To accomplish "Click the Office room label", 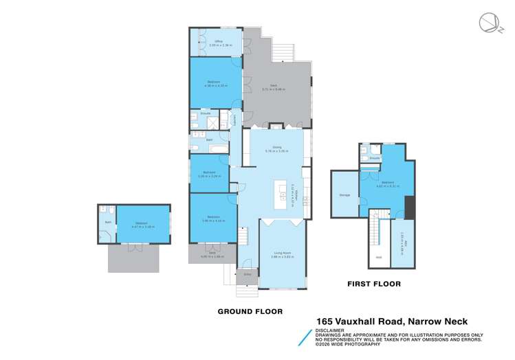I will click(x=217, y=42).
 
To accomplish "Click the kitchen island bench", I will click(x=281, y=195).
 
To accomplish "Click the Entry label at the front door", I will click(x=248, y=273).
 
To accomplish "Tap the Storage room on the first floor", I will click(x=344, y=195).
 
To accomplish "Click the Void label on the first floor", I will click(x=378, y=258).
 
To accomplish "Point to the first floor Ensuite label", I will click(x=375, y=158).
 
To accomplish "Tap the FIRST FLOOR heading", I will click(x=374, y=284).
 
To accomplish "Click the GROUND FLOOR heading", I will click(x=250, y=311).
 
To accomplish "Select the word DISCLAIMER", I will click(x=331, y=330).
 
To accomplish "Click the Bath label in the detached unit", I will click(x=108, y=223).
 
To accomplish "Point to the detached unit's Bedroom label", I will click(x=142, y=223).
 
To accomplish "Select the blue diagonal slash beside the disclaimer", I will click(x=306, y=335).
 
